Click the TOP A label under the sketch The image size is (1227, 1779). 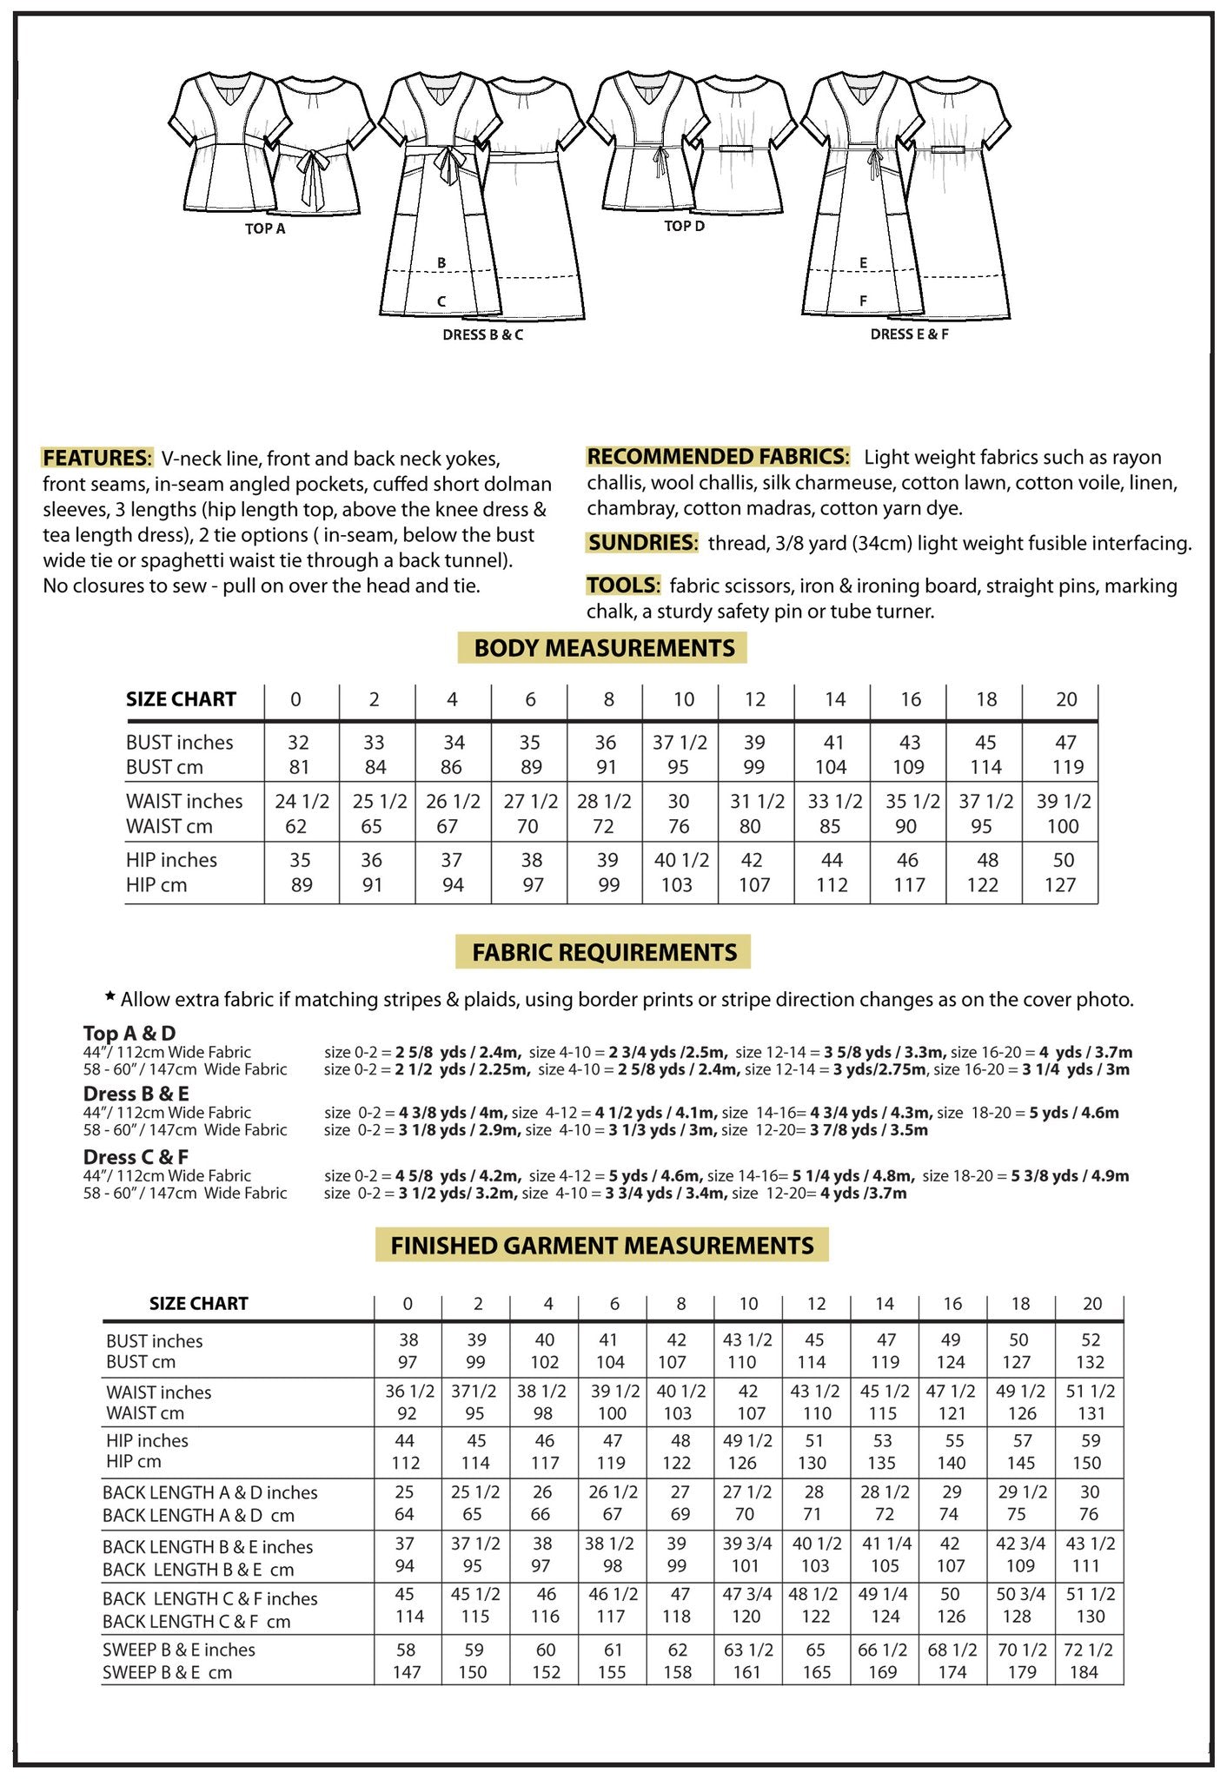[265, 229]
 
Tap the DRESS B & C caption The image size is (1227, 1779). [482, 335]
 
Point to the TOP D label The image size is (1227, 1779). [684, 227]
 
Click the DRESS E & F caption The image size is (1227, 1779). [909, 334]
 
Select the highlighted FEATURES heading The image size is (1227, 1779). [97, 459]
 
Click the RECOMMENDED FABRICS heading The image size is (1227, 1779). [718, 457]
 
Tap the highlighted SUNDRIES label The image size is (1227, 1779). [642, 543]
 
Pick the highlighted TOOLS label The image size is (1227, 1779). [623, 585]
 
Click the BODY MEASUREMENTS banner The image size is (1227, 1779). [603, 648]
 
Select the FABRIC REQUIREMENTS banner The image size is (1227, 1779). [604, 953]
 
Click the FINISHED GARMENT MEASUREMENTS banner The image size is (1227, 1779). [601, 1246]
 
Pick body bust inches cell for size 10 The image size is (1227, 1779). [680, 743]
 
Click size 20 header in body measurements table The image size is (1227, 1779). [1066, 700]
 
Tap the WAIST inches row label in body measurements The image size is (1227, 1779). [184, 801]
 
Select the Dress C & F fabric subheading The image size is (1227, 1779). [136, 1157]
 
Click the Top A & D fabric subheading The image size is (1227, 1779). [129, 1034]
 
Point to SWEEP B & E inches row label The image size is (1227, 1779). [179, 1650]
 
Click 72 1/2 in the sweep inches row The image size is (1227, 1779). [1088, 1650]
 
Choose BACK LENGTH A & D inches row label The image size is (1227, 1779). [209, 1492]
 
